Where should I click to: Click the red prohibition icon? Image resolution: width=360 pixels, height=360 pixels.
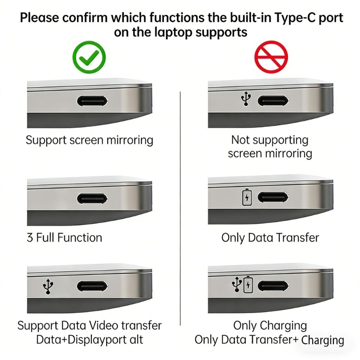coord(271,57)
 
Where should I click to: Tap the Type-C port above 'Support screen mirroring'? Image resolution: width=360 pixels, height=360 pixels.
coord(93,101)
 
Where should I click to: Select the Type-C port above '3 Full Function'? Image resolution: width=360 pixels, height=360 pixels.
coord(93,198)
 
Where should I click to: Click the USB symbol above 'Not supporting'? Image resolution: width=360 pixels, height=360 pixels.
coord(246,100)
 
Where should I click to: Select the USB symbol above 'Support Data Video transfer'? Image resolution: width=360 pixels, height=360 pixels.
coord(48,287)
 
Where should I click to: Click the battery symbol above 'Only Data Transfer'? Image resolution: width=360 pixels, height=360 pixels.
coord(247,197)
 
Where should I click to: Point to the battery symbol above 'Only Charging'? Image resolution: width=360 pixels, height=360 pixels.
coord(248,285)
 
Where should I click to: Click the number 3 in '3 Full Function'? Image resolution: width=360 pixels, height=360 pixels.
coord(30,238)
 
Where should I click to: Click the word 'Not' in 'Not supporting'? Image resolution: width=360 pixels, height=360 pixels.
coord(241,140)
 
